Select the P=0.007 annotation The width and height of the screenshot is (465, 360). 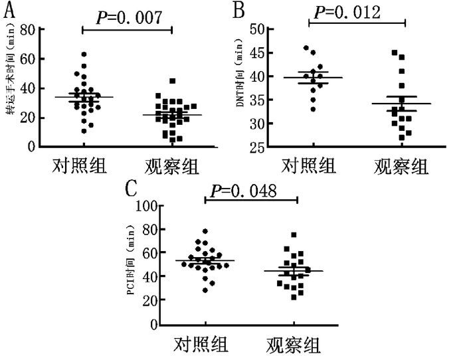[x=129, y=18]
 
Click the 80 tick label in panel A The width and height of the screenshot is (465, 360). [x=27, y=29]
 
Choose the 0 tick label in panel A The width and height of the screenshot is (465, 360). [x=32, y=147]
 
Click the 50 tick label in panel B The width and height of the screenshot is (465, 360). [x=257, y=29]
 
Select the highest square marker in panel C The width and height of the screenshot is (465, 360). [x=294, y=235]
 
